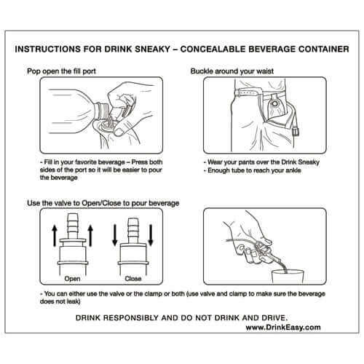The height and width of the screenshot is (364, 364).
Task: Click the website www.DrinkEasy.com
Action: (284, 328)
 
